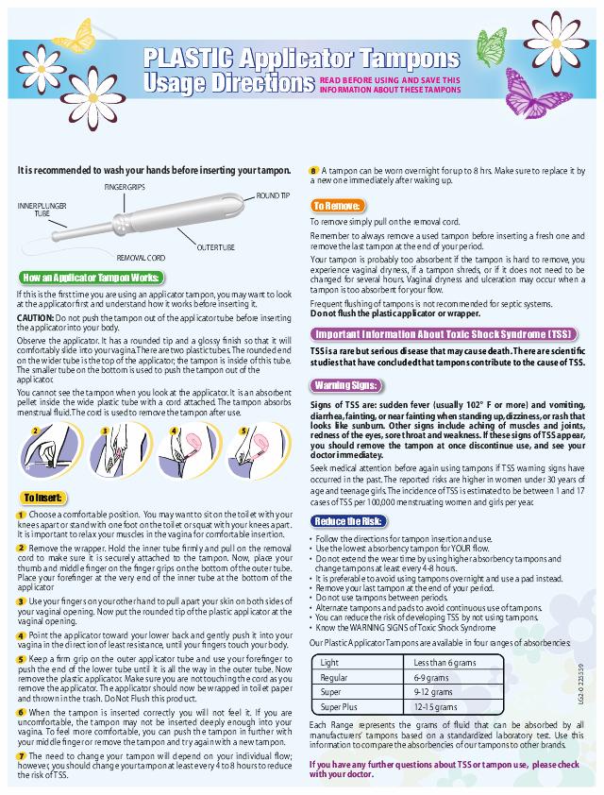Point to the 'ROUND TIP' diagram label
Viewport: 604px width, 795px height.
click(273, 195)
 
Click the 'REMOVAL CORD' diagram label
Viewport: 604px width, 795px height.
click(141, 257)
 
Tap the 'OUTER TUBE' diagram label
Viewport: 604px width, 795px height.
click(216, 246)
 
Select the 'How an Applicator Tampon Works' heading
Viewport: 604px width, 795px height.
click(92, 278)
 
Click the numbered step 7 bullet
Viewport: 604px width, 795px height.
click(21, 756)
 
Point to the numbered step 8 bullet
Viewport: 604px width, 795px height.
click(313, 170)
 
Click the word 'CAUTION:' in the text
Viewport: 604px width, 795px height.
click(35, 319)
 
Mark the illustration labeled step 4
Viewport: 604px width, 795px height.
click(183, 448)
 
